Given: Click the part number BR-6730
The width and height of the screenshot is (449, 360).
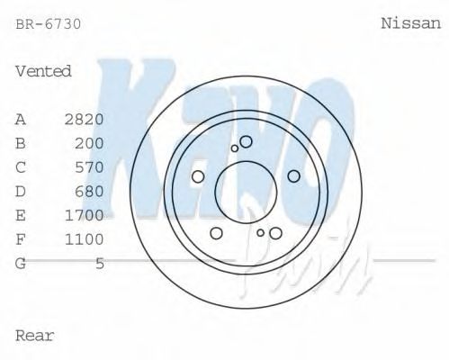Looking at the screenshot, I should point(49,24).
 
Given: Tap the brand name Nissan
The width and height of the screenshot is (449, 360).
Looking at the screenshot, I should point(410,24).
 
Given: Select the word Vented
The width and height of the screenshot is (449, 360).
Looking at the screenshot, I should point(43,70).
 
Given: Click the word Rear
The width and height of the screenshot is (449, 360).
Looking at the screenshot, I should point(35,336).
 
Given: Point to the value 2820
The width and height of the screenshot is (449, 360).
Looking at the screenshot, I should point(85,119).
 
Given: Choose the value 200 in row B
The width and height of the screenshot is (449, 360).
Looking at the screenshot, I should point(89,143).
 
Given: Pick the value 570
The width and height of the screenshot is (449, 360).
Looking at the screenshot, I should point(89,167).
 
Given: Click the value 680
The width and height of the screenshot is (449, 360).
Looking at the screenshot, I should point(89,191).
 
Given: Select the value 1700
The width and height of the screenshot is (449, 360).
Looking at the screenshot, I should point(85,215).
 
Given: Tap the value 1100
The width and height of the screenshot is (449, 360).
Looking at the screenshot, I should point(85,239).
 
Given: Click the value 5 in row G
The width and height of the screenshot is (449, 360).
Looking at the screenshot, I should point(100,263).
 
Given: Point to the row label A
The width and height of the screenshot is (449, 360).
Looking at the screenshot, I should point(21,119).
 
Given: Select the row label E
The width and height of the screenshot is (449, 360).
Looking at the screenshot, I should point(21,215).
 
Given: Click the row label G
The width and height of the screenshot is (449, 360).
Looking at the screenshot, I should point(21,263).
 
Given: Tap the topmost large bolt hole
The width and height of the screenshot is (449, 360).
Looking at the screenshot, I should point(246,141).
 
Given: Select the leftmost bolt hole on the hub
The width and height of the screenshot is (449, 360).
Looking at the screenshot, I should point(199,176).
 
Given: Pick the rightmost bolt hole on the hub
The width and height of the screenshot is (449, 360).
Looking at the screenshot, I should point(292,176).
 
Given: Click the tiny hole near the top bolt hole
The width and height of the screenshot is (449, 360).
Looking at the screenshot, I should point(235,148).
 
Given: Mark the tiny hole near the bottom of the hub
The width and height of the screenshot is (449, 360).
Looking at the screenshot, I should point(261,232).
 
